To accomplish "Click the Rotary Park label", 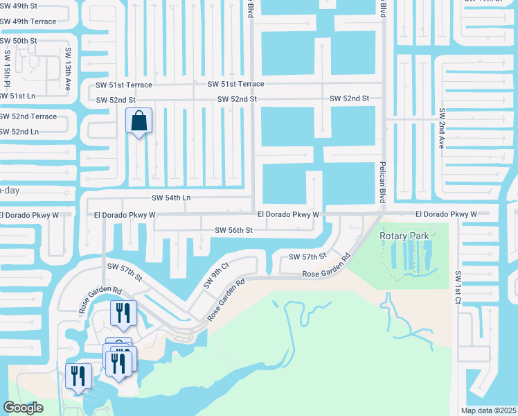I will click(x=404, y=236).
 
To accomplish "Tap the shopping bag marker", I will click(x=139, y=121).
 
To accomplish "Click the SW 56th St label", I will click(x=234, y=229).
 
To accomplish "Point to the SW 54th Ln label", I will click(x=171, y=198).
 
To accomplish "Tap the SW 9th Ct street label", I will click(x=216, y=275).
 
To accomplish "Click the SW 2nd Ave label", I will click(x=441, y=129).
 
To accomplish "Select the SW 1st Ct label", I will click(x=458, y=286).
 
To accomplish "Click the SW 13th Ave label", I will click(x=69, y=65).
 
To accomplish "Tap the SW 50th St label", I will click(x=18, y=41).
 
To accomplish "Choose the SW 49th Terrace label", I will click(x=28, y=21).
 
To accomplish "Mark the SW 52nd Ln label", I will click(x=19, y=131).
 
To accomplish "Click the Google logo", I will click(x=23, y=408).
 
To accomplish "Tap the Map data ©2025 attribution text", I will click(x=488, y=410).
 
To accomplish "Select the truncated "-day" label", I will click(x=9, y=190).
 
